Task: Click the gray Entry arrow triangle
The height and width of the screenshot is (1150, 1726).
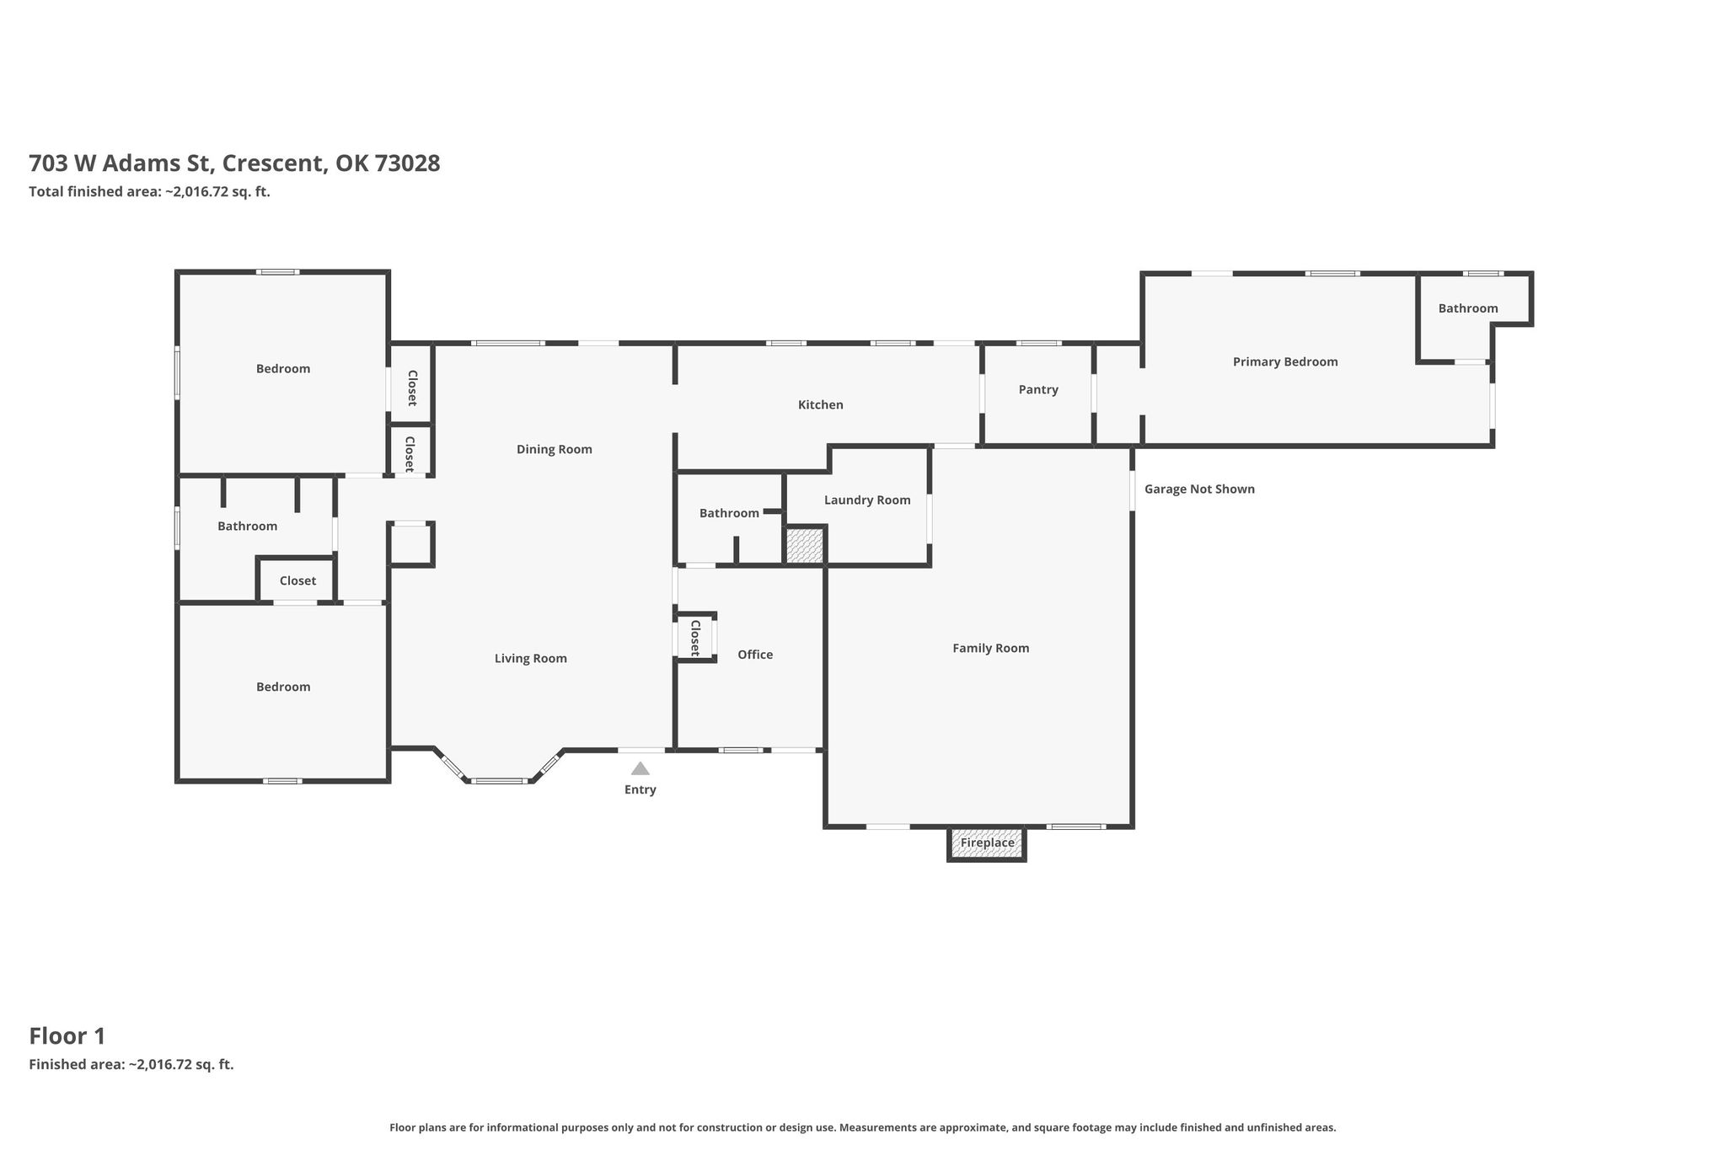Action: (641, 768)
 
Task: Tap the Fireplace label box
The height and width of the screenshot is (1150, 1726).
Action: (987, 842)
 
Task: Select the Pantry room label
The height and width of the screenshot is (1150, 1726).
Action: (1038, 389)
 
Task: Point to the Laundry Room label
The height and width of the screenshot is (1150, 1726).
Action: (867, 500)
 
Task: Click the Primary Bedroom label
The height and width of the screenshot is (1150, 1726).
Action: (1285, 362)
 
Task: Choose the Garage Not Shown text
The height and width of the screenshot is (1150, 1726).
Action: (1199, 489)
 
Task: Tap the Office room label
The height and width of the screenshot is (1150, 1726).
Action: (755, 655)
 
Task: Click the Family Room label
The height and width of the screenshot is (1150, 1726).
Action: (991, 648)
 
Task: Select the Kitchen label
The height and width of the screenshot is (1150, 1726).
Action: (821, 404)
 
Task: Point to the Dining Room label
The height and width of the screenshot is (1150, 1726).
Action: (555, 449)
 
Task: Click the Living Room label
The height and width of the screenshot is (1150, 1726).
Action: (531, 659)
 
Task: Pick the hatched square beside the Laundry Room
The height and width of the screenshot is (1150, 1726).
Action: (804, 545)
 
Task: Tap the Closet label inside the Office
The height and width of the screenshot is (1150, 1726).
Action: (695, 638)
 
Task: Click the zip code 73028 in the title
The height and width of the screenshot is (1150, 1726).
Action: (407, 163)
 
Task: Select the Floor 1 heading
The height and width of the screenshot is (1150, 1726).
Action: (67, 1035)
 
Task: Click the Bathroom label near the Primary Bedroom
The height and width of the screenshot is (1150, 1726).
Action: (1468, 308)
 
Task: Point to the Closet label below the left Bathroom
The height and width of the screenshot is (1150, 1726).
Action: (297, 580)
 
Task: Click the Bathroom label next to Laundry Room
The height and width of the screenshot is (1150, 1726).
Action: (729, 513)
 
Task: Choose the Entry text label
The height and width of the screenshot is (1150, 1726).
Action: (641, 789)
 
